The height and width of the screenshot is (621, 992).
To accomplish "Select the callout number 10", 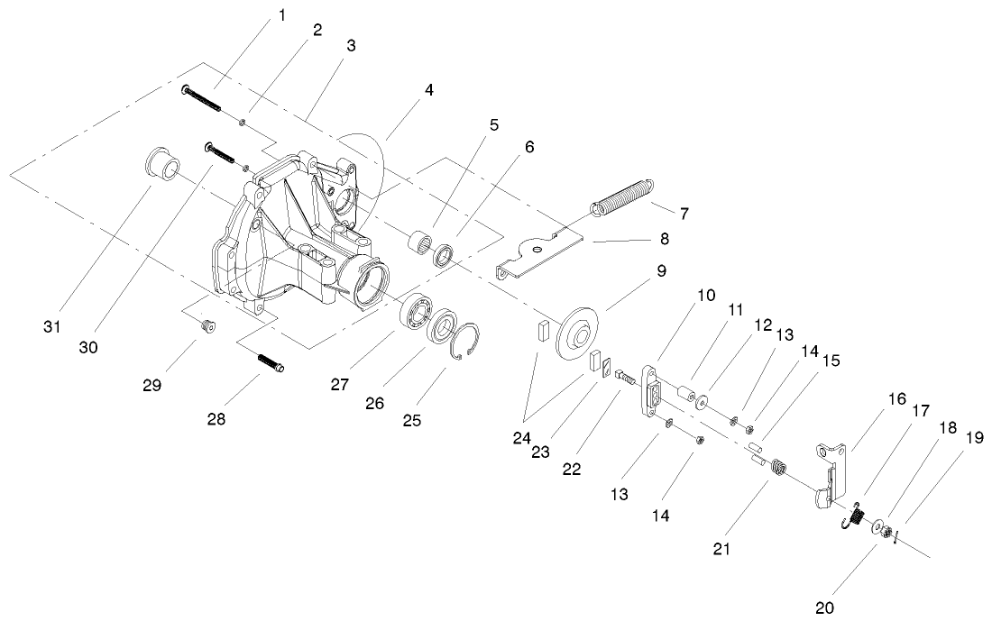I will point(704,295).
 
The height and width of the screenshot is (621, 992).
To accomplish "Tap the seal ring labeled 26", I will point(443,330).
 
